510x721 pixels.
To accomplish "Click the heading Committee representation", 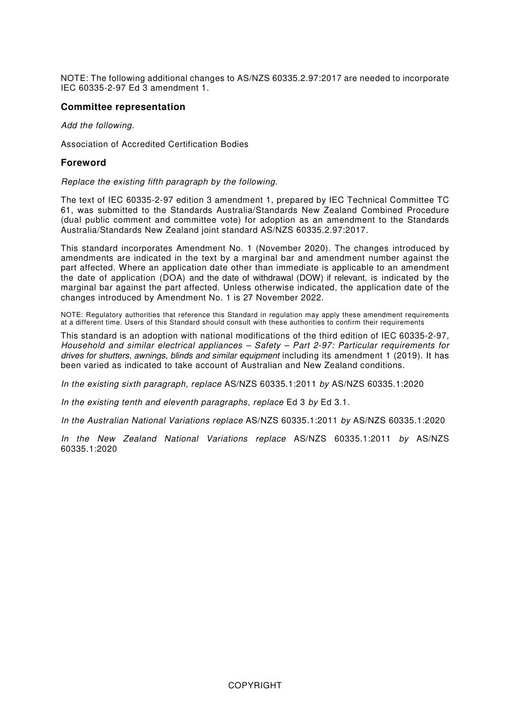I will (123, 107).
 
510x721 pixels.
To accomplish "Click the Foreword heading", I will (83, 163).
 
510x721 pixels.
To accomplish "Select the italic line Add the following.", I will (97, 126).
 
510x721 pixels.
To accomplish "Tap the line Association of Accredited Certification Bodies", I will (155, 144).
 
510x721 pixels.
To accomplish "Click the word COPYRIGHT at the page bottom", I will (254, 685).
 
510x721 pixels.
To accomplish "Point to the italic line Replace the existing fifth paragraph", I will (169, 182).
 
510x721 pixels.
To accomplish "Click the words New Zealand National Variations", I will (172, 439).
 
